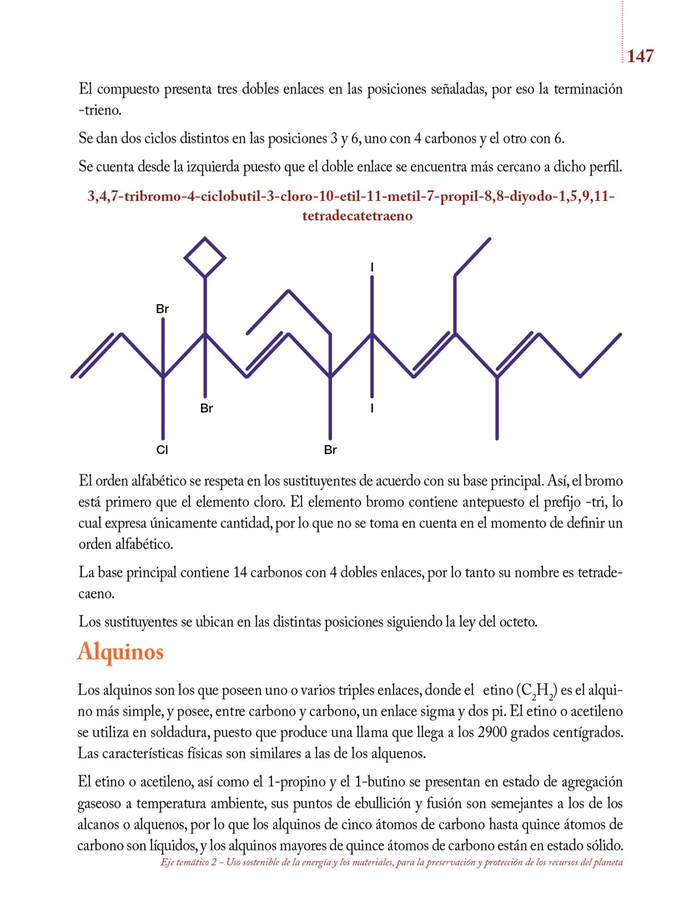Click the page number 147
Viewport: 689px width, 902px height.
click(640, 56)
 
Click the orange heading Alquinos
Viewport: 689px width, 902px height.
click(121, 651)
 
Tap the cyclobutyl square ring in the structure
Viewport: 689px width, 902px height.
click(205, 258)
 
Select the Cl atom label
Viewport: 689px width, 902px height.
click(162, 450)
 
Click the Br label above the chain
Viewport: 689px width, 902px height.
click(162, 309)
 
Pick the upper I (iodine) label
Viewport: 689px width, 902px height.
click(372, 267)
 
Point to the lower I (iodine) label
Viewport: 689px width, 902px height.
click(372, 408)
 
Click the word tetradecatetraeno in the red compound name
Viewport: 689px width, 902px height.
click(357, 216)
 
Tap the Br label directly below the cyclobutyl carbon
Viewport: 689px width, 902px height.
click(206, 408)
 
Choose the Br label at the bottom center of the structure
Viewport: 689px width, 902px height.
click(330, 450)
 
